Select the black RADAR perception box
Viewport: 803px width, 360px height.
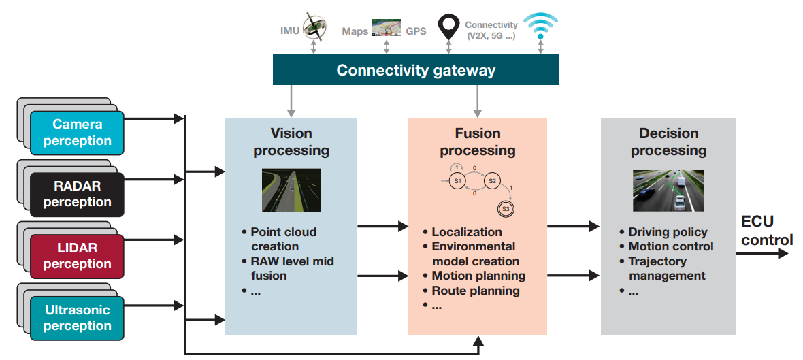(77, 194)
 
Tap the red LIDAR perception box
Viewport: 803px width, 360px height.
(77, 256)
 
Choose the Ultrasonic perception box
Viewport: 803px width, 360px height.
(77, 318)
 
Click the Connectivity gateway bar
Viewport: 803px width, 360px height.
(416, 70)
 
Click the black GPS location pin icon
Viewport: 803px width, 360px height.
(448, 27)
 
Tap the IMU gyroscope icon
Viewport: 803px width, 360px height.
(314, 27)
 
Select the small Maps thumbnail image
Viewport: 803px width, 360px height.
(386, 29)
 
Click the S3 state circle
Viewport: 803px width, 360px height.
(506, 209)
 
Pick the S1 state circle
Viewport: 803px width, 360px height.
(457, 181)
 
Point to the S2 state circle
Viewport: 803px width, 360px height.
(493, 181)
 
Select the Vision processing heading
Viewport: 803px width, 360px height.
(291, 142)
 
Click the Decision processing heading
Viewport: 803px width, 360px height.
(668, 142)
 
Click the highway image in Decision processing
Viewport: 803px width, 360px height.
(668, 191)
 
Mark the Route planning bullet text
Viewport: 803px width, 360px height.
(476, 291)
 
